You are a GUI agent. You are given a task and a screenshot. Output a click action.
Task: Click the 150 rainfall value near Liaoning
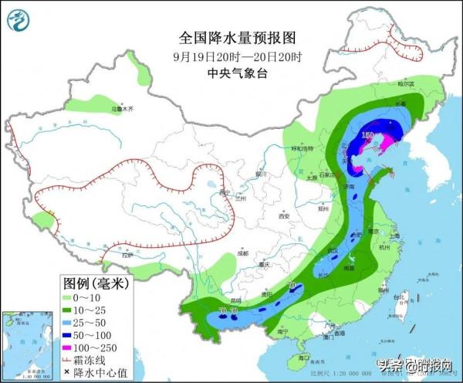[369, 137]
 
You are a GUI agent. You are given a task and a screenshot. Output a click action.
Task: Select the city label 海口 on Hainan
[303, 358]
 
